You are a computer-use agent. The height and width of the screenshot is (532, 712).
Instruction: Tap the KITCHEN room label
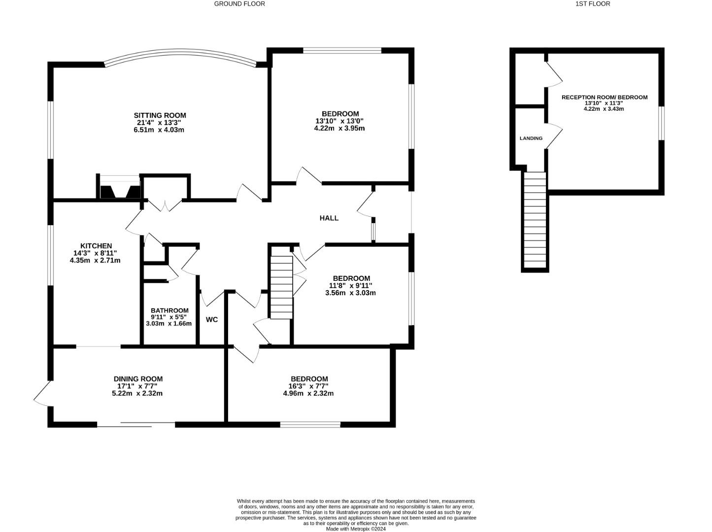(96, 246)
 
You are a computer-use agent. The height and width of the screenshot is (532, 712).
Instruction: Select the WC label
(211, 320)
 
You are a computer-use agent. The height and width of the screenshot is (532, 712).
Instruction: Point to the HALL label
(329, 218)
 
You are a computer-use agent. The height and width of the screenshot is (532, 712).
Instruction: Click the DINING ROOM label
(138, 379)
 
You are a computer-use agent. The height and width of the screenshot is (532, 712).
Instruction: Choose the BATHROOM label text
(169, 310)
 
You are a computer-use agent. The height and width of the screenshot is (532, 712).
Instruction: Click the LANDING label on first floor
(531, 138)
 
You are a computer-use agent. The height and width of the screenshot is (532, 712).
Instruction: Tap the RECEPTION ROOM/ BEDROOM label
(604, 98)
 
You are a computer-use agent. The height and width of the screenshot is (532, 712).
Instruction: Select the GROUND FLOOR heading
(239, 4)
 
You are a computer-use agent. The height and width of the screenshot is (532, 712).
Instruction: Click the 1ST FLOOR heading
(592, 4)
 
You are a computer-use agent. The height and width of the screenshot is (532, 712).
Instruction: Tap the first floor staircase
(535, 220)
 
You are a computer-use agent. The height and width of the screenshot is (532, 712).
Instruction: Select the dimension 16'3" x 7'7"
(308, 386)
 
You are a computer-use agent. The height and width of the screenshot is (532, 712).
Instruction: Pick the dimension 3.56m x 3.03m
(350, 293)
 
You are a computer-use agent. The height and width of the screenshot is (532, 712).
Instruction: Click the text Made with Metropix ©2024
(356, 529)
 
